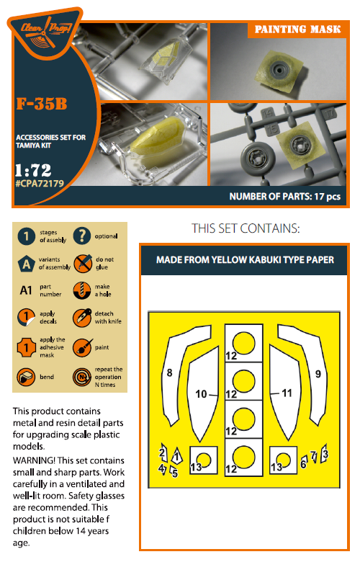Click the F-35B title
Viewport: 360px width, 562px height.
click(x=42, y=105)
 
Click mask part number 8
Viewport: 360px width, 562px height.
click(x=169, y=373)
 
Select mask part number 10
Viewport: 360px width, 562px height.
click(x=202, y=393)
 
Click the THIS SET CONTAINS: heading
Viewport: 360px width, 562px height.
click(x=245, y=228)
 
